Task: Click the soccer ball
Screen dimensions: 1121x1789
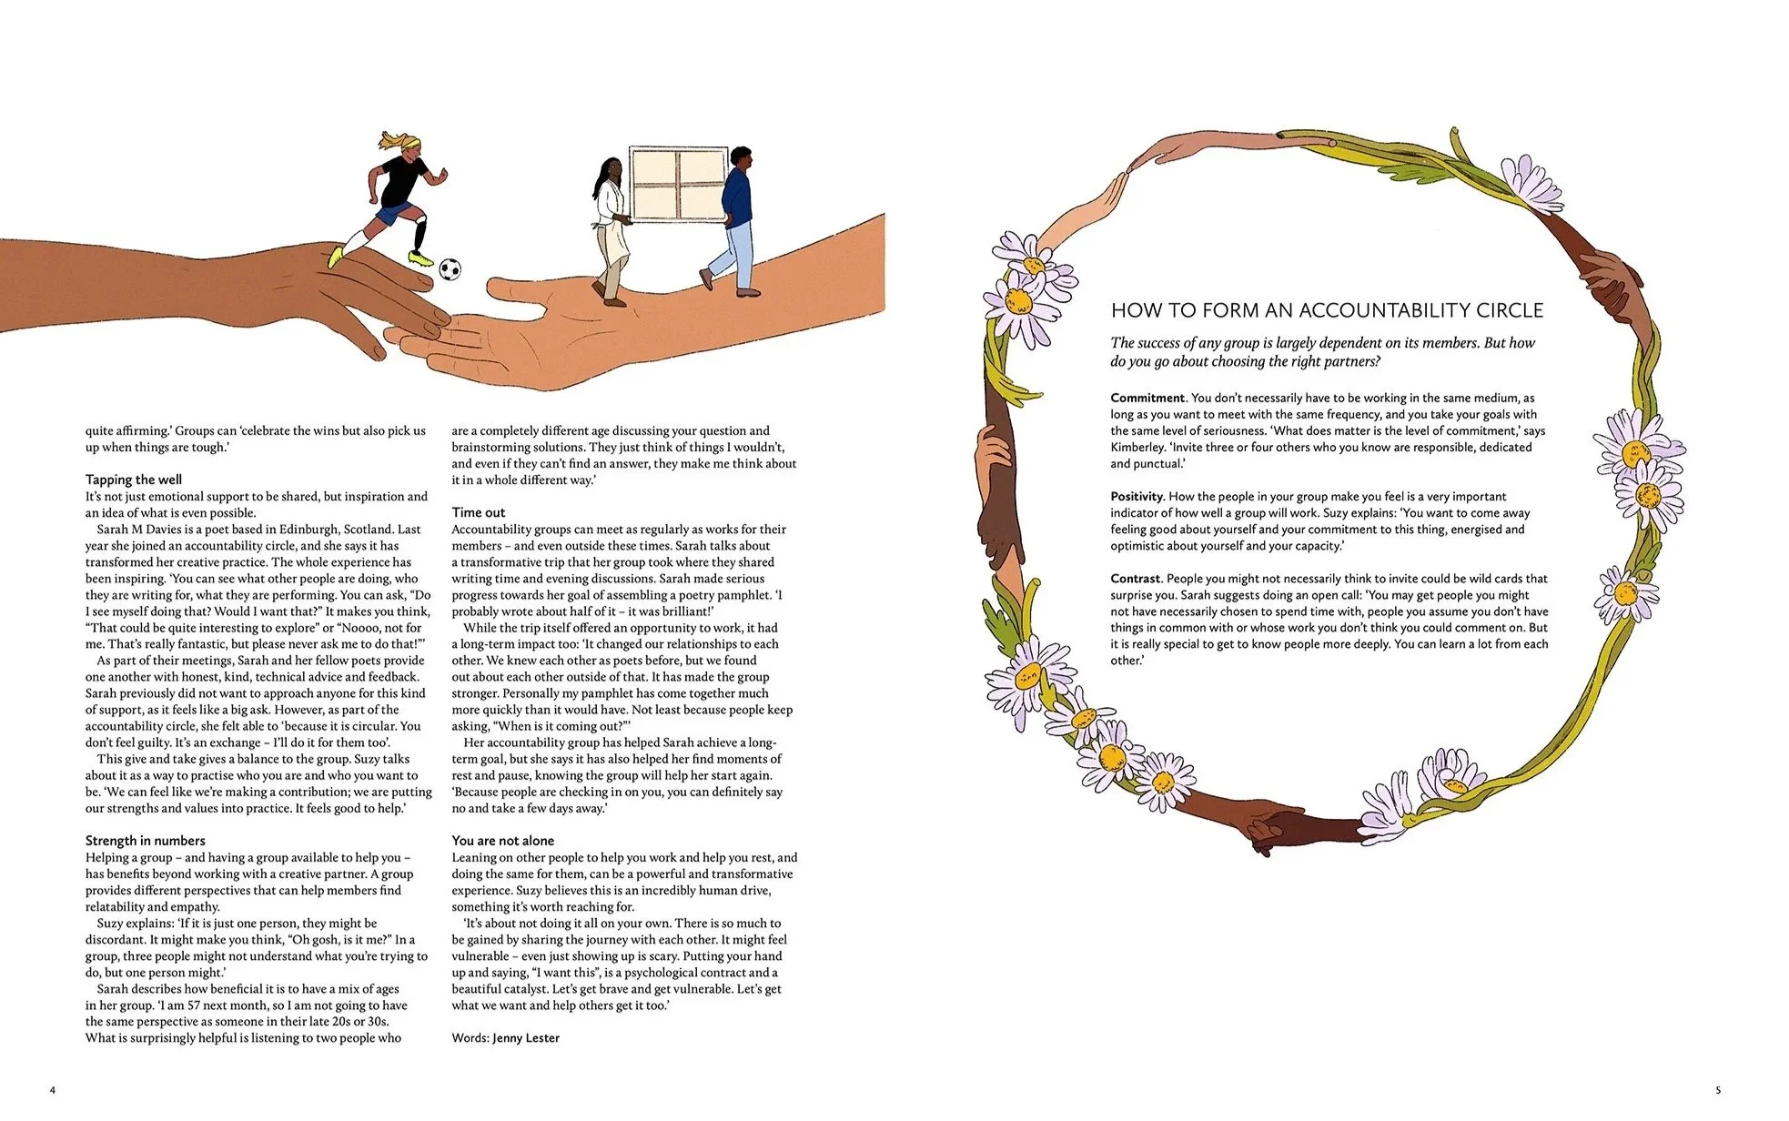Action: [450, 269]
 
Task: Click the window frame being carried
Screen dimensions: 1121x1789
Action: [678, 185]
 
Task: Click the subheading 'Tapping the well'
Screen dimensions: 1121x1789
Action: [134, 480]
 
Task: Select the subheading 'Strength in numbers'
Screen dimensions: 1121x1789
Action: [146, 841]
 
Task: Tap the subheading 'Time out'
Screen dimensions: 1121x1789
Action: [479, 512]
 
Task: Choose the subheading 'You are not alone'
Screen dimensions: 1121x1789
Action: [503, 841]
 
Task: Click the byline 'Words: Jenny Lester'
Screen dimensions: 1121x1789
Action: [506, 1038]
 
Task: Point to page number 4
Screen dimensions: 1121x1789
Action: [53, 1090]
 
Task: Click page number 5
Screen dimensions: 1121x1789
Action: [1718, 1090]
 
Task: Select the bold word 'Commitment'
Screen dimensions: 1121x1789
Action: [1147, 398]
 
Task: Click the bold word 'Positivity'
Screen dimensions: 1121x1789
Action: [1137, 497]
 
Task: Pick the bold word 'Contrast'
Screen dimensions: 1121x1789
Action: [1135, 579]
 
